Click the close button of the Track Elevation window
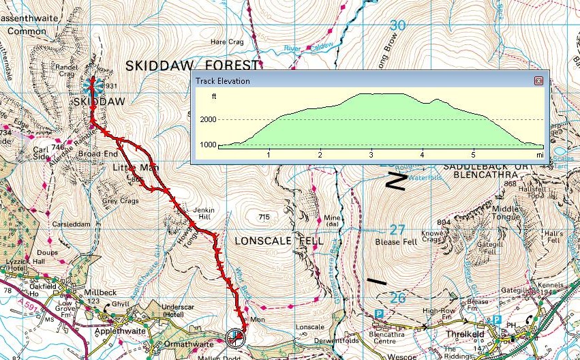(538, 81)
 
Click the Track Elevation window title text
(223, 81)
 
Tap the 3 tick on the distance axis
(371, 155)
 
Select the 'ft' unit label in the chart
(214, 96)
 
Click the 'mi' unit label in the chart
(539, 155)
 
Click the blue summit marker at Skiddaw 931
(91, 87)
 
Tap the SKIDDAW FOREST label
(193, 65)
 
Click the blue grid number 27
(397, 230)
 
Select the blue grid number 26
(397, 297)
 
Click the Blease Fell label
(394, 242)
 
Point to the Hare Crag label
(227, 42)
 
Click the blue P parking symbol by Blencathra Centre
(379, 314)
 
